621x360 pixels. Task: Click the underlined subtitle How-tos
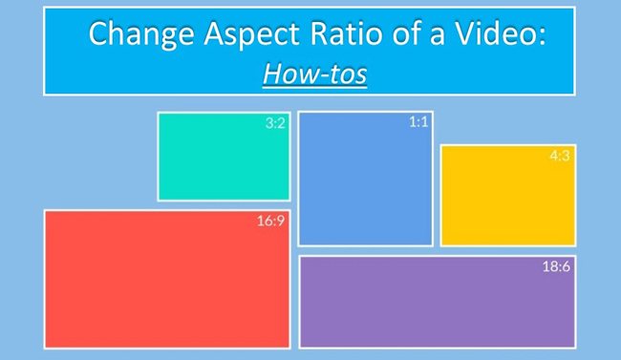coord(314,74)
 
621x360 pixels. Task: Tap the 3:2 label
coord(275,123)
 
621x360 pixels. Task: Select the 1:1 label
coord(418,122)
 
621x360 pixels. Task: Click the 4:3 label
coord(560,156)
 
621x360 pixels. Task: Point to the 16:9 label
coord(270,222)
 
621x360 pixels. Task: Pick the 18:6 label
coord(556,266)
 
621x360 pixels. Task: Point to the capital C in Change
coord(98,34)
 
